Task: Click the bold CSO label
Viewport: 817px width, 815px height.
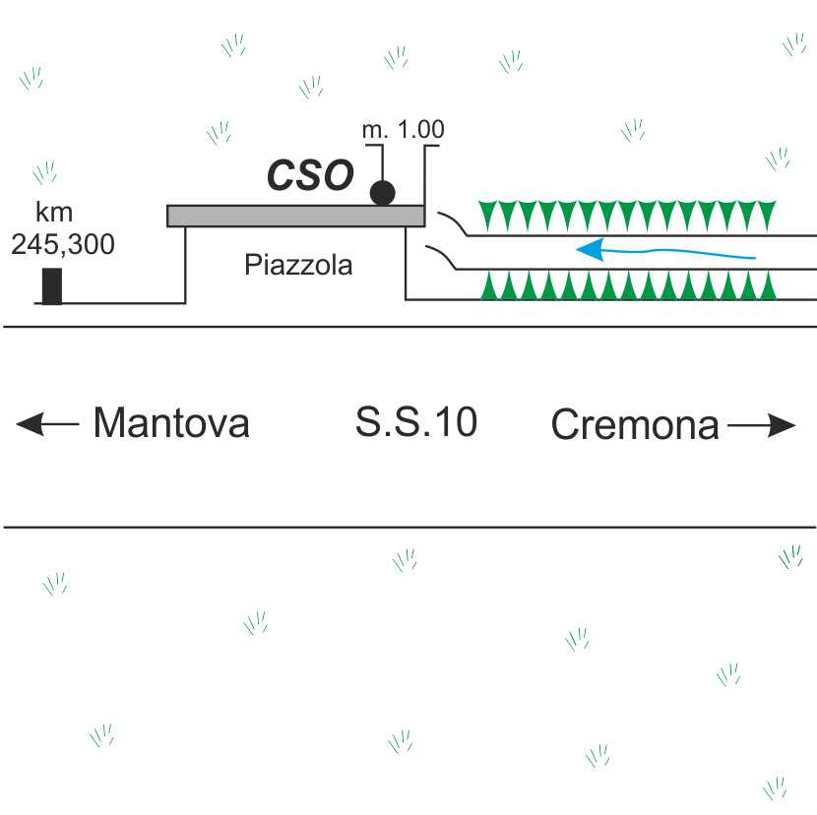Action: tap(310, 176)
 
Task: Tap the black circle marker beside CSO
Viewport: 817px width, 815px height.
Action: tap(383, 192)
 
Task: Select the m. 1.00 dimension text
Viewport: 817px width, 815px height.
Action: tap(405, 130)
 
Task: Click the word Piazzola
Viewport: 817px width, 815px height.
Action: tap(297, 265)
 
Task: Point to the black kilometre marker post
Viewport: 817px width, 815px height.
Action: tap(52, 285)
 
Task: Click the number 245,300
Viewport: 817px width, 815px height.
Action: tap(62, 244)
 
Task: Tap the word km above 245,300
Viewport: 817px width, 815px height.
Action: tap(54, 212)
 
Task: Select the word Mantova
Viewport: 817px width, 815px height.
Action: tap(170, 424)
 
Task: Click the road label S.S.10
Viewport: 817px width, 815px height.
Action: tap(416, 423)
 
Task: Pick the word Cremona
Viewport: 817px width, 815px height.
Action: tap(635, 425)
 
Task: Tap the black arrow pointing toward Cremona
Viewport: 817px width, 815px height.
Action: tap(762, 425)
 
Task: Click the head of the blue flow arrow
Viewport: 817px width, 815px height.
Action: tap(589, 250)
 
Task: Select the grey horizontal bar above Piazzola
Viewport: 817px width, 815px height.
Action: tap(295, 216)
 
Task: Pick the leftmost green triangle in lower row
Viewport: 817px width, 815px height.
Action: tap(485, 286)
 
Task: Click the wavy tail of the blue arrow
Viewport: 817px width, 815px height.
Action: tap(689, 255)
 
